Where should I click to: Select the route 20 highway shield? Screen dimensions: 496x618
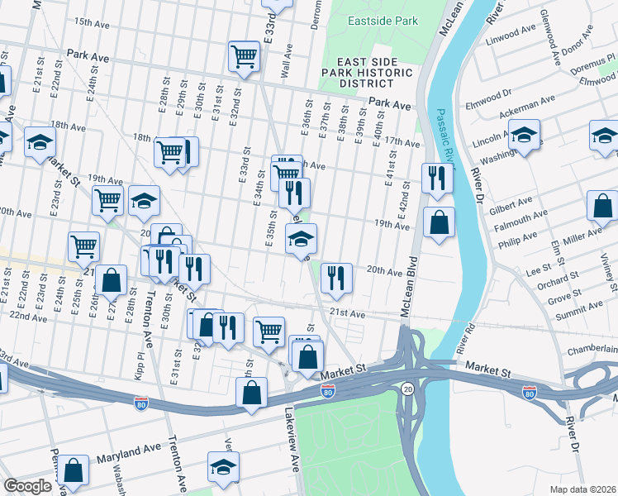[407, 388]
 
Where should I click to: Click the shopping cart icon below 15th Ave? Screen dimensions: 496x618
[245, 56]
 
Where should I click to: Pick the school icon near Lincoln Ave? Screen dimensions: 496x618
[524, 135]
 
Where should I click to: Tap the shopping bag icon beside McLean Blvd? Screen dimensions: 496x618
[439, 222]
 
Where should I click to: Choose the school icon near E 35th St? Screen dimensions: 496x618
[301, 240]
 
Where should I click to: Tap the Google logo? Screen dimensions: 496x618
[27, 486]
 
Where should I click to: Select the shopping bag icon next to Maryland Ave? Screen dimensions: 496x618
[74, 470]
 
